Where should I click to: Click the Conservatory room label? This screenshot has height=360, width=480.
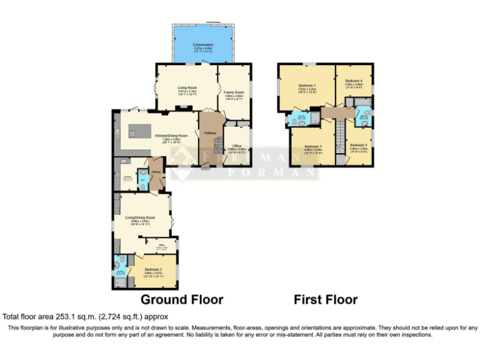[x=203, y=45]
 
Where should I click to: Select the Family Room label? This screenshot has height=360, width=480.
[x=234, y=92]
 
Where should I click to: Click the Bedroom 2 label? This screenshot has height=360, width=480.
[x=153, y=270]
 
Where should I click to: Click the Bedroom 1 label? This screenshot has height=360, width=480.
[x=306, y=86]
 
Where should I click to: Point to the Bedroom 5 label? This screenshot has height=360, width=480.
[x=358, y=145]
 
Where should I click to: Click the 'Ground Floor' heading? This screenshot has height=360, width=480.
[x=181, y=299]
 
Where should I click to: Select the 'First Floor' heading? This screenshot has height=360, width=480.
[x=326, y=299]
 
